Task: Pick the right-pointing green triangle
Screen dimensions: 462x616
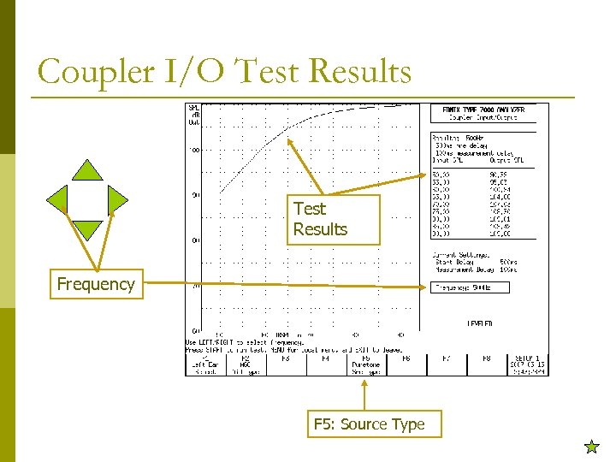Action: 117,199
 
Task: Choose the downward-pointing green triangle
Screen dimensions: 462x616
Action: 87,230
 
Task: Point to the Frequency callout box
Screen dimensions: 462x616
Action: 95,284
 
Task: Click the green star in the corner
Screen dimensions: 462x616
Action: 590,446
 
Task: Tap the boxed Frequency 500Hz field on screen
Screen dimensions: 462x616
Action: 471,287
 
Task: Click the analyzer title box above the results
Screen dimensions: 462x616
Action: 483,114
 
